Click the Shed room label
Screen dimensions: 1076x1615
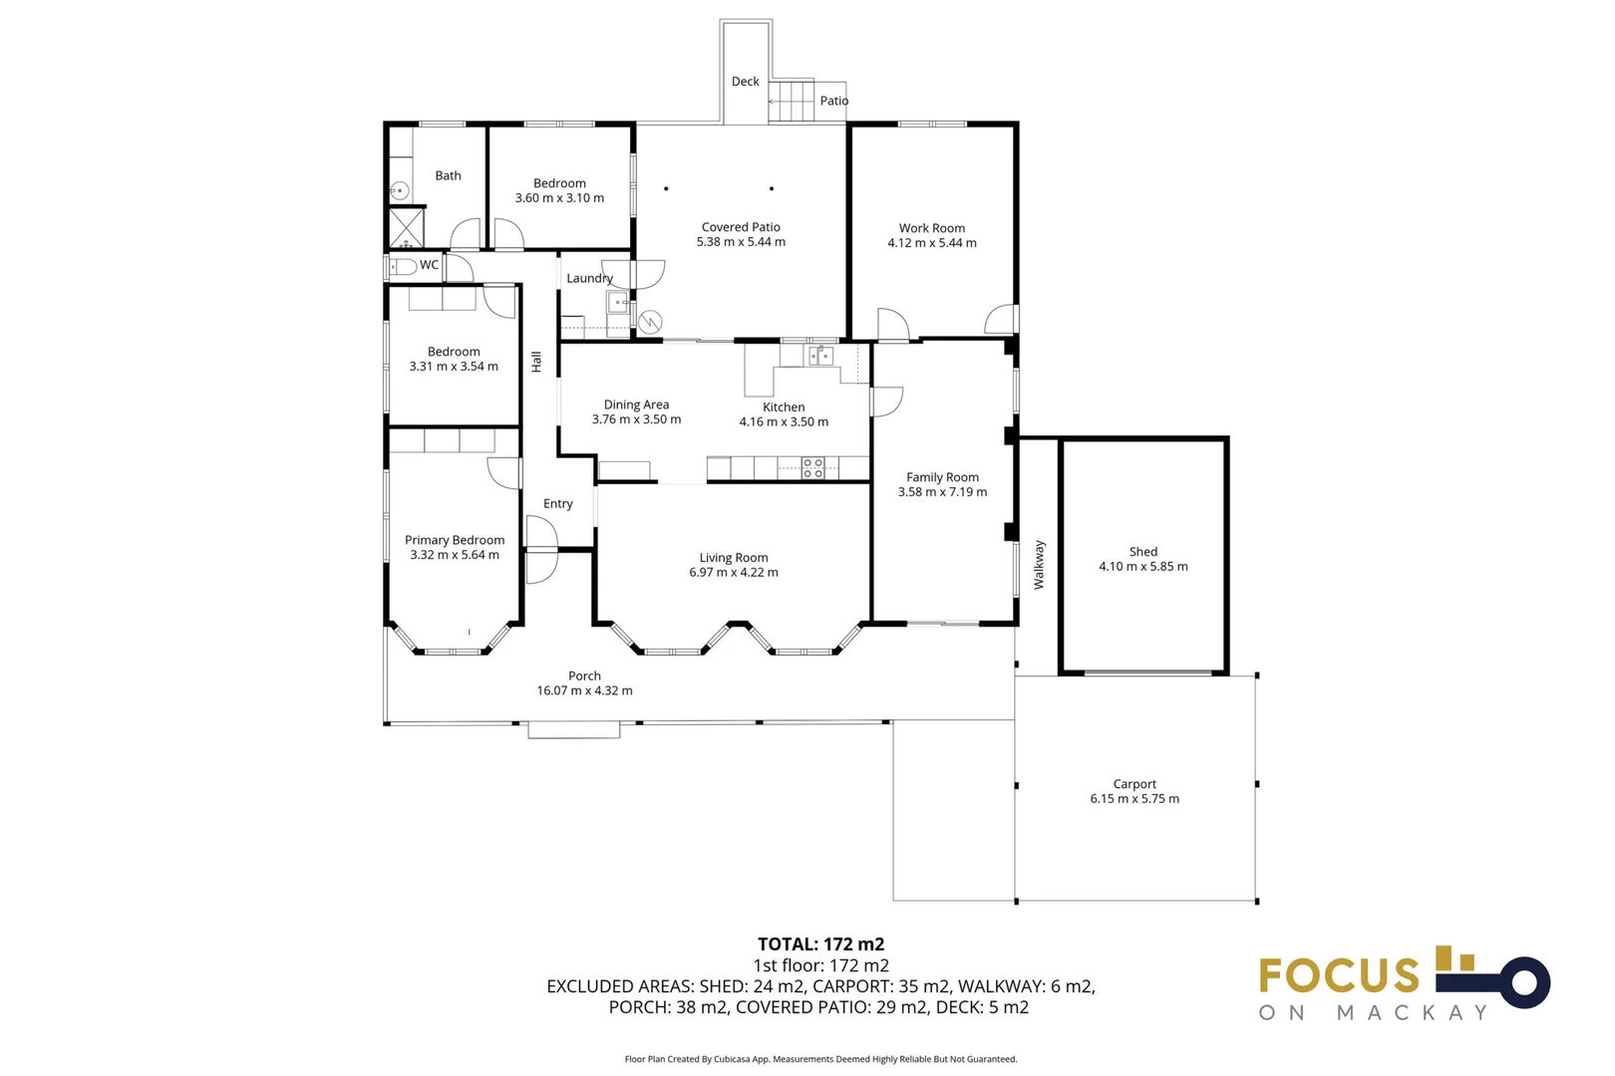(1142, 551)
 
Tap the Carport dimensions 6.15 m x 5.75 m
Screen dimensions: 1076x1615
(1134, 799)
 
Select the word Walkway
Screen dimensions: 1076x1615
(1039, 565)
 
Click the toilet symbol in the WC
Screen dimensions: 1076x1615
(403, 266)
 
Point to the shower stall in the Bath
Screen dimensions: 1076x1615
(406, 227)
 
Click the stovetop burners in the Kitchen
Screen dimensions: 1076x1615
(813, 467)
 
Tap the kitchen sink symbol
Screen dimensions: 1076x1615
(820, 355)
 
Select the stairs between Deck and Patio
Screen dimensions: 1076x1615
(793, 101)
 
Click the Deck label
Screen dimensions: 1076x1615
(745, 82)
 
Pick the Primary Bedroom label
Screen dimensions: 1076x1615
(455, 540)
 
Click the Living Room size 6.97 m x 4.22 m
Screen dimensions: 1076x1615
(734, 573)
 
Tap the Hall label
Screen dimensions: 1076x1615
(536, 362)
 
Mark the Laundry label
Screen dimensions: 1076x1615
(589, 279)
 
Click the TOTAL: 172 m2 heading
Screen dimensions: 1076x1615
(820, 943)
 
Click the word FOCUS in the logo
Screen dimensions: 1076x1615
(1339, 975)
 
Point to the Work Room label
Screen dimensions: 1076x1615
(932, 228)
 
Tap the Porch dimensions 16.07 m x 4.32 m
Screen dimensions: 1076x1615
(584, 690)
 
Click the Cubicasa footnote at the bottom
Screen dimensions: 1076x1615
(820, 1059)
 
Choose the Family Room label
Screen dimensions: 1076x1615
(942, 477)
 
